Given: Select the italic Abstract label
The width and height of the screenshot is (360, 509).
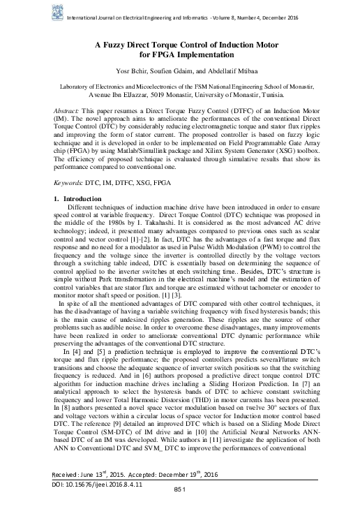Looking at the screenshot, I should click(68, 112).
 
